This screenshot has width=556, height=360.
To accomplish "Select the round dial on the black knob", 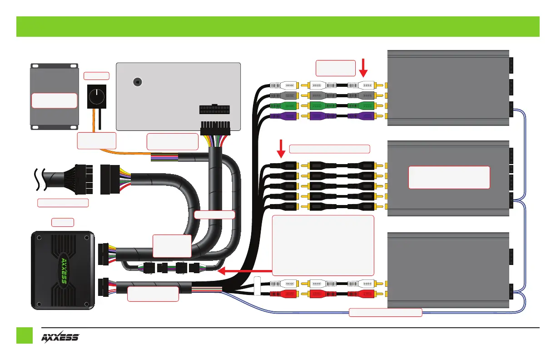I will pos(96,95).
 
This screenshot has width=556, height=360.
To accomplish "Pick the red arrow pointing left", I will pos(245,272).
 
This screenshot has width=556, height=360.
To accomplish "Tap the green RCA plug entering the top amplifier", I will pos(362,105).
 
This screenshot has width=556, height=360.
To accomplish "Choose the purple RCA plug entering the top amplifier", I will pos(362,116).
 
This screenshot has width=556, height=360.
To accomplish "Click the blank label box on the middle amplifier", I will pos(449,177).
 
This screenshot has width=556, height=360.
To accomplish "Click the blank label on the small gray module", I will pos(54,100).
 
